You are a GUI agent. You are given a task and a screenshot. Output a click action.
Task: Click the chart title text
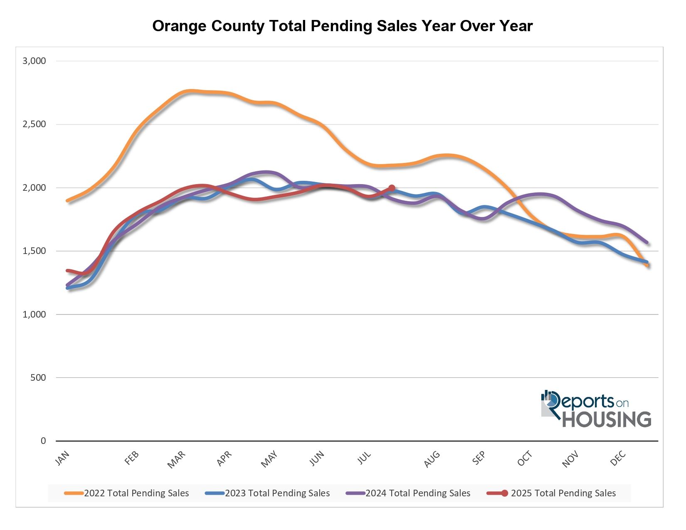click(342, 26)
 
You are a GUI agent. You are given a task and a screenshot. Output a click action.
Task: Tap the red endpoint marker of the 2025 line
click(391, 188)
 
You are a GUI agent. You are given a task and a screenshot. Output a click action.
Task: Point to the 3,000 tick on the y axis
click(34, 61)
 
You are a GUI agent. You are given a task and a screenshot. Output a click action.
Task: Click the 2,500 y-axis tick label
click(34, 124)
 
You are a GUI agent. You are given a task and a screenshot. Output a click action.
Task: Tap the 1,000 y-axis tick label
click(34, 314)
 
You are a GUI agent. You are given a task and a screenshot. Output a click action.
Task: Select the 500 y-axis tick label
click(38, 377)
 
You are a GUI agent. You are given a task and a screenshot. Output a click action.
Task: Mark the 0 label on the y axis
click(43, 441)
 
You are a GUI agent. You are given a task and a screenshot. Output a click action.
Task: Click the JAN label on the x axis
click(62, 458)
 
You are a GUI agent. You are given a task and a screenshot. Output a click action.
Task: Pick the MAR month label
click(176, 460)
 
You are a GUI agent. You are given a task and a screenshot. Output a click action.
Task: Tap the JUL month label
click(364, 458)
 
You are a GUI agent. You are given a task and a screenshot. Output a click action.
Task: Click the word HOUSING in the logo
click(607, 419)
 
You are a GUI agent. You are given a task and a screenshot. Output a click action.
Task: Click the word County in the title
click(237, 26)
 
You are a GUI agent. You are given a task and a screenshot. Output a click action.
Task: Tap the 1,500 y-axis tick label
click(34, 251)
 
